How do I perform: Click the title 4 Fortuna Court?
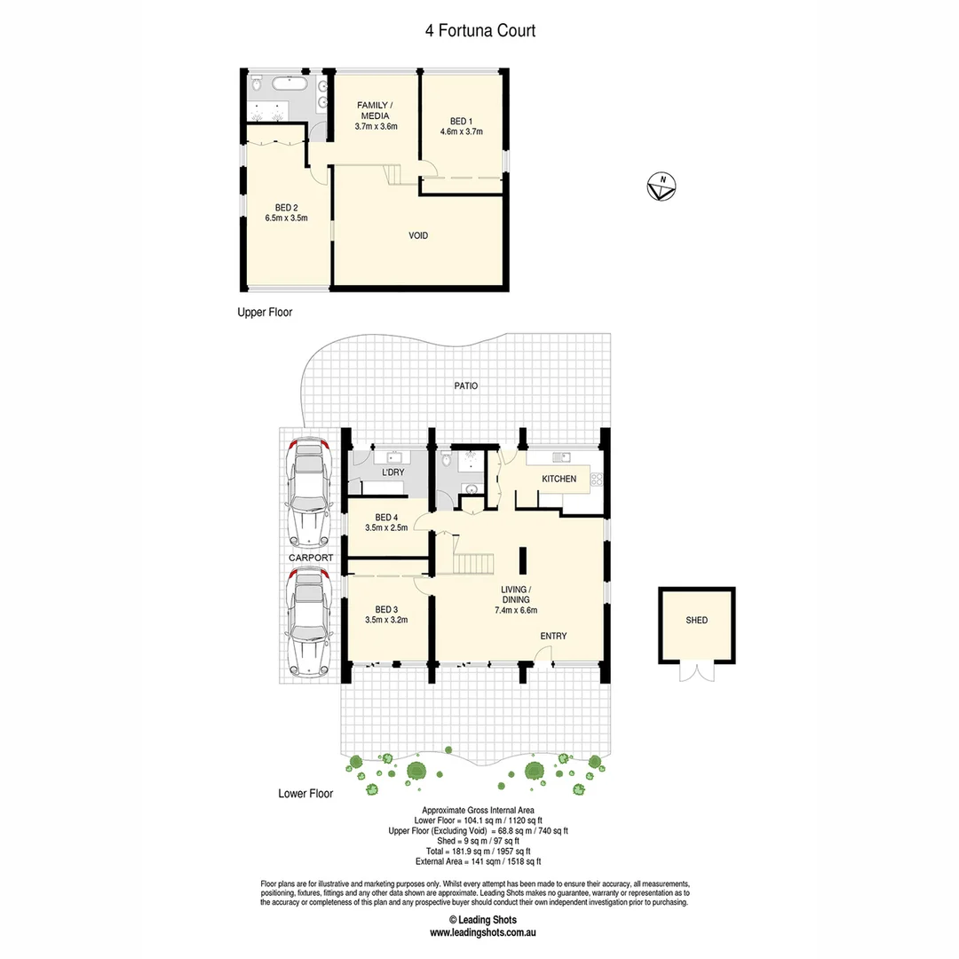(479, 31)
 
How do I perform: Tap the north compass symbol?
(662, 186)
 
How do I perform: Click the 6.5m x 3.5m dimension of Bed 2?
(286, 218)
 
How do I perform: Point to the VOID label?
(418, 235)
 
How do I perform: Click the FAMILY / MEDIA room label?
(375, 110)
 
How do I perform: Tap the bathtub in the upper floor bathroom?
(289, 86)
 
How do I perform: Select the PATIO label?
(465, 386)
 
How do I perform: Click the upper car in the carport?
(308, 491)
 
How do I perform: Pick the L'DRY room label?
(393, 473)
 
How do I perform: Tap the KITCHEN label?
(559, 479)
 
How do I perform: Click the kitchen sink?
(560, 457)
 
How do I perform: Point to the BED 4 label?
(386, 518)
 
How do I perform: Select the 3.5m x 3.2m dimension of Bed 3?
(386, 620)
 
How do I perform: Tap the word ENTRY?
(553, 636)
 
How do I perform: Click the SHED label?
(697, 620)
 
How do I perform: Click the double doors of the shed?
(697, 673)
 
